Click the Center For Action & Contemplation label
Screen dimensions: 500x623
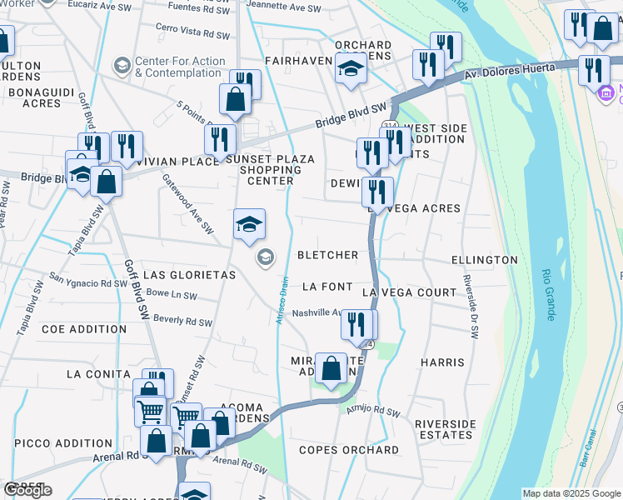point(180,67)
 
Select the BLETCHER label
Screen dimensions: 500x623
point(328,255)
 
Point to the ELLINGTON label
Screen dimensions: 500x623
point(484,260)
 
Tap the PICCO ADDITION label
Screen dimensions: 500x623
point(63,443)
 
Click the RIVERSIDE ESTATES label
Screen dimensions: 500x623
point(445,429)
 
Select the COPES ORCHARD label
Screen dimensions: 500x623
point(349,450)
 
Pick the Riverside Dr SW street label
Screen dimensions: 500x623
point(471,307)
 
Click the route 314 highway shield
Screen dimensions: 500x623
point(390,126)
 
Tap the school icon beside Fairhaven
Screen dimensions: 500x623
point(351,70)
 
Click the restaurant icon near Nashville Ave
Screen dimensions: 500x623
point(359,325)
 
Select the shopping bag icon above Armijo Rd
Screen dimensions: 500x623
point(331,367)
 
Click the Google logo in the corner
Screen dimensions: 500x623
point(27,490)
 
